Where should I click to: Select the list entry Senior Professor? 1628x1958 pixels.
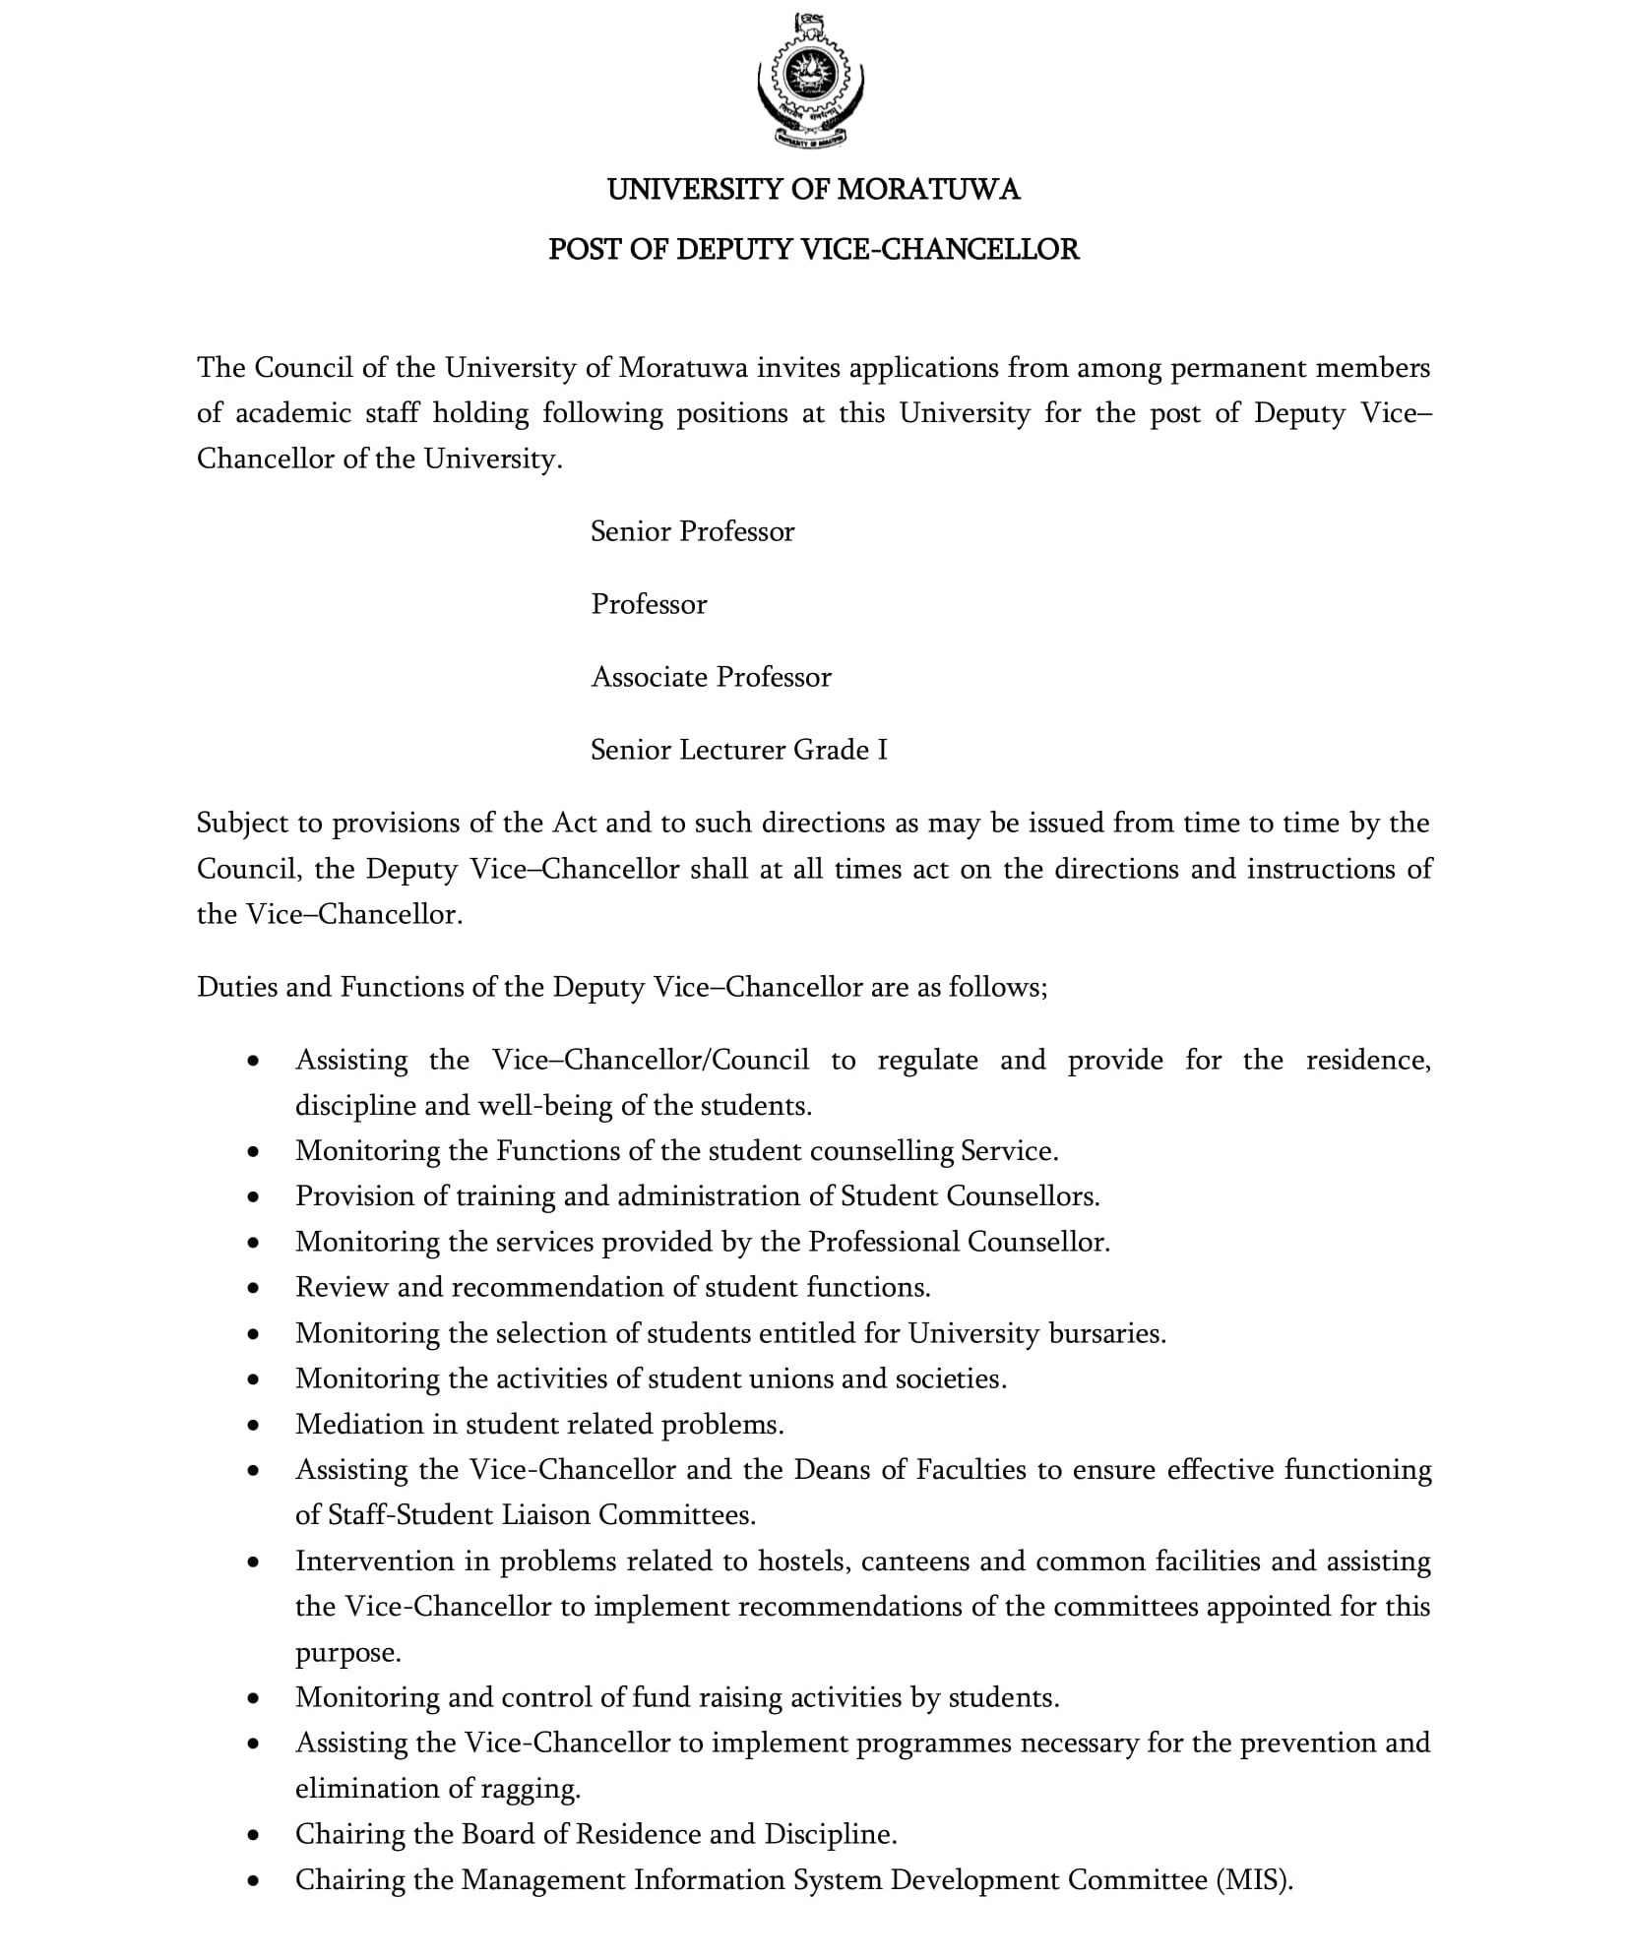click(692, 532)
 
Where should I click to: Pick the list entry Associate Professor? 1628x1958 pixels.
click(711, 678)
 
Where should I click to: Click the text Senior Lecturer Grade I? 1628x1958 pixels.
click(738, 751)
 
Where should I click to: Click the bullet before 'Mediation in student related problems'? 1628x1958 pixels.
click(254, 1426)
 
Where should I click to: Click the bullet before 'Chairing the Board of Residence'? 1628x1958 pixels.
click(254, 1835)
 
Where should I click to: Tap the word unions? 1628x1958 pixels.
click(790, 1379)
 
